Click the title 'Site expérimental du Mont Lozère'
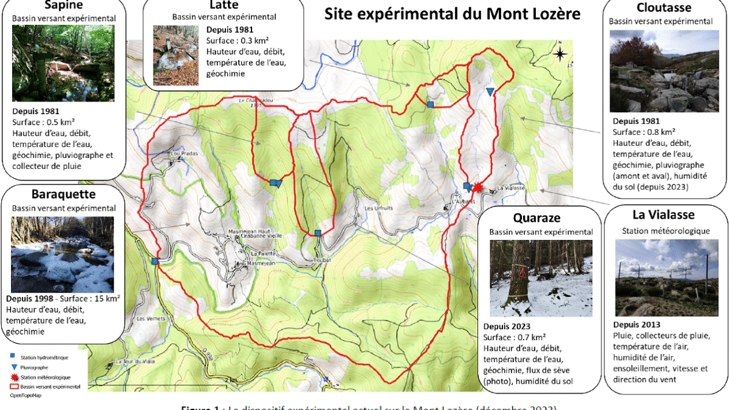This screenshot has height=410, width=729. [x=453, y=14]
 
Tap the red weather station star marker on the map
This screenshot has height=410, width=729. [x=477, y=188]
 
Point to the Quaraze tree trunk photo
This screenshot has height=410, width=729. [x=541, y=278]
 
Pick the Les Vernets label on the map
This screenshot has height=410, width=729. [x=148, y=318]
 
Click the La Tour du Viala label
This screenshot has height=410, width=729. [x=132, y=361]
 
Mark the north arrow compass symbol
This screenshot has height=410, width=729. [x=559, y=54]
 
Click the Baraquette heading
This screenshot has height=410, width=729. [x=63, y=194]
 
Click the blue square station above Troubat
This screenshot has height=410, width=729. [x=318, y=233]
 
